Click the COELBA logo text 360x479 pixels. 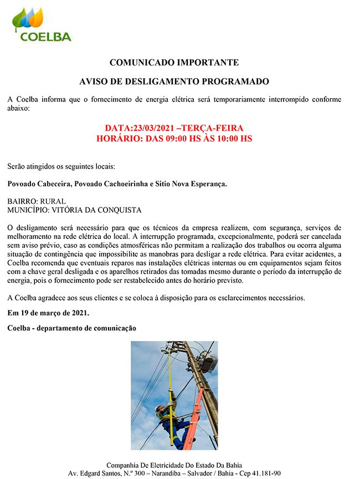[46, 37]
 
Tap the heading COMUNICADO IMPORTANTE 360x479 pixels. [174, 62]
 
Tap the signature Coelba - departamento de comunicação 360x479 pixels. [72, 328]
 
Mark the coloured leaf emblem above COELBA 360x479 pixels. [28, 18]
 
